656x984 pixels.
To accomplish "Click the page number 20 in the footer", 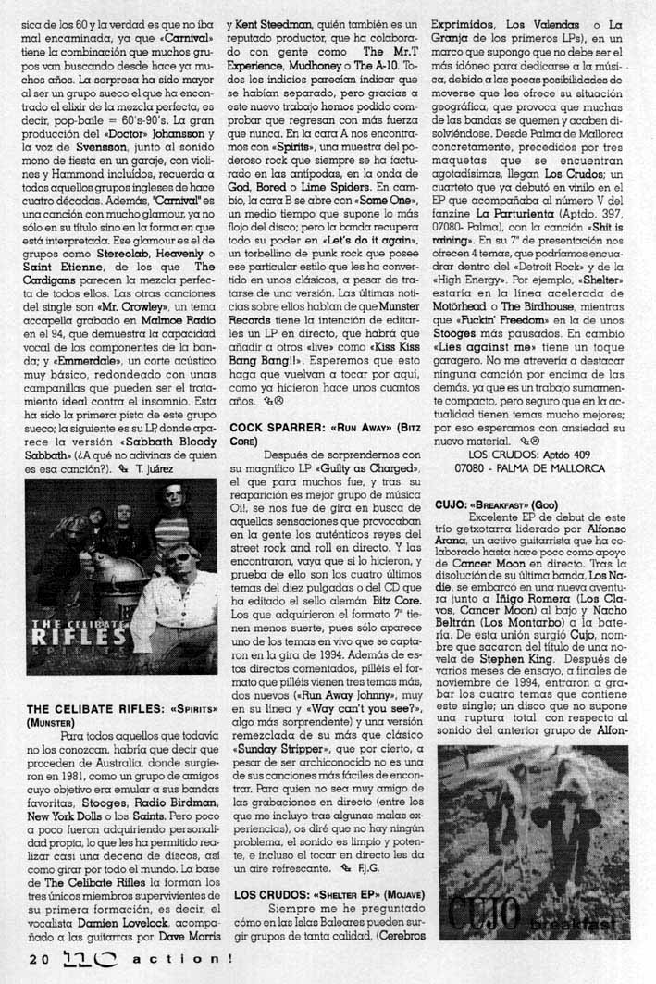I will point(38,959).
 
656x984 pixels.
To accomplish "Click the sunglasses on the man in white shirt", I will point(181,556).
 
